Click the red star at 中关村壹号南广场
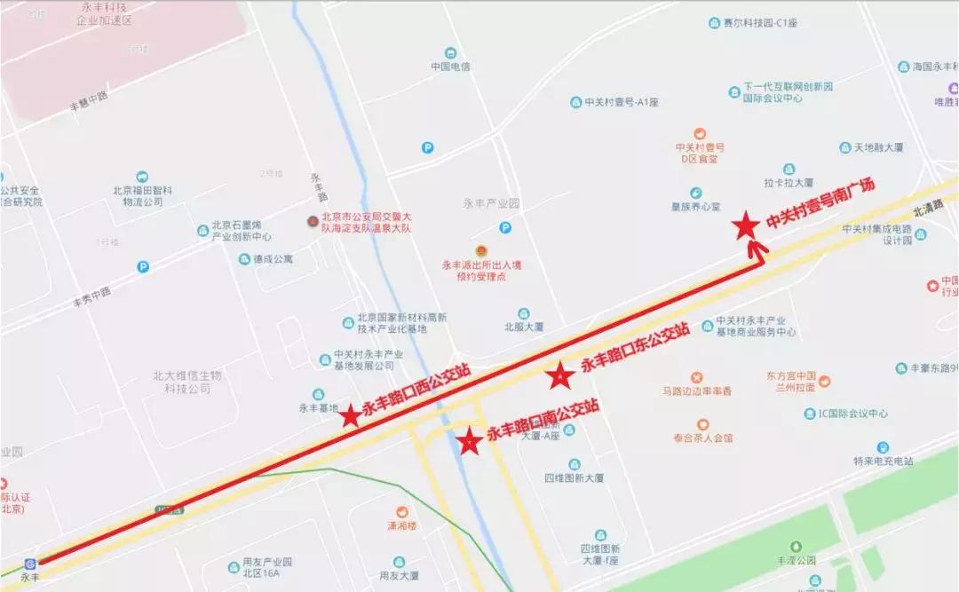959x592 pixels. (746, 226)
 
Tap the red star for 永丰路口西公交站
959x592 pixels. (351, 414)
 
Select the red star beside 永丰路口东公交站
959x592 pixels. (561, 376)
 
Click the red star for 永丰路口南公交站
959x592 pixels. (467, 440)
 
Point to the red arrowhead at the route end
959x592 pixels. (757, 247)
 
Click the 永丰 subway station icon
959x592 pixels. (30, 563)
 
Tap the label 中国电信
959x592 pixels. (450, 66)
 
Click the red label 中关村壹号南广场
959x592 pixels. (821, 204)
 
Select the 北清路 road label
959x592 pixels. (929, 212)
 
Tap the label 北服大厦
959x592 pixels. (524, 326)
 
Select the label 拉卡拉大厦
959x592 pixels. (789, 182)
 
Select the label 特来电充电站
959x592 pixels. (883, 461)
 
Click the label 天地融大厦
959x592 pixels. (871, 146)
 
